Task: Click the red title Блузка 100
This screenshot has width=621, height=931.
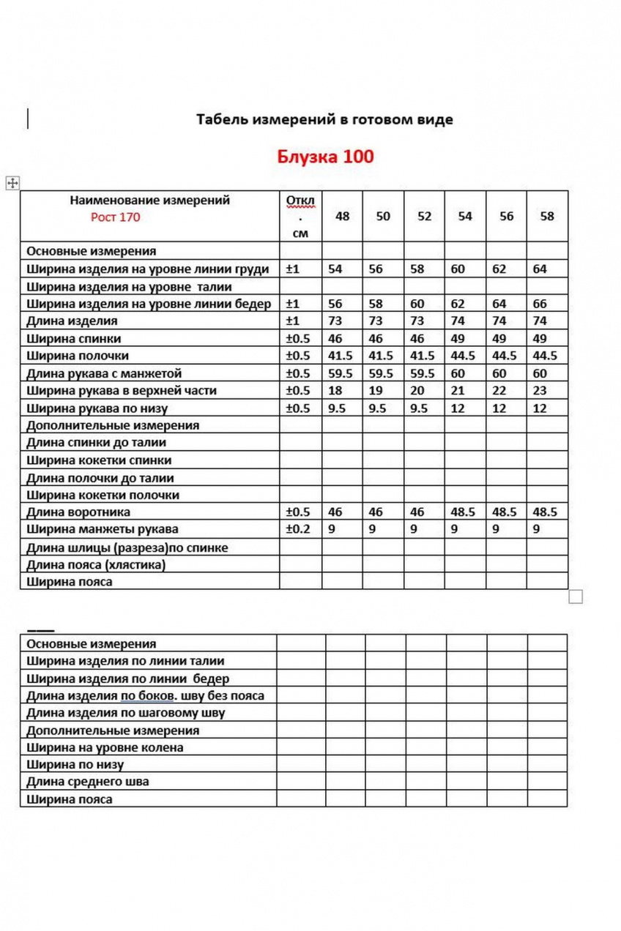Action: [x=325, y=157]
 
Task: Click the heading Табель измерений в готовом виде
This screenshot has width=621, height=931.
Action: [x=324, y=119]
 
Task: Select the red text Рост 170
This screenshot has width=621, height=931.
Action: [x=115, y=217]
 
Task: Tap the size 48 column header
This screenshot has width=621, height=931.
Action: [x=342, y=217]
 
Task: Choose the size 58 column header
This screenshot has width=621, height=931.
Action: [x=546, y=217]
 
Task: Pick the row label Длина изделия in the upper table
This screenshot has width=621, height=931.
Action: [x=72, y=321]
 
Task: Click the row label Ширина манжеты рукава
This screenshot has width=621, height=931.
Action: [x=102, y=529]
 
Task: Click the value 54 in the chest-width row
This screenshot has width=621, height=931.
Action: [x=335, y=269]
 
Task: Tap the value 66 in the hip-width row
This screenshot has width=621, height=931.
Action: [x=540, y=304]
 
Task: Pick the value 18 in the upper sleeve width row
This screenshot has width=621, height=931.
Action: [x=335, y=391]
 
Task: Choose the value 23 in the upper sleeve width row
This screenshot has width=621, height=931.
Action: [x=540, y=391]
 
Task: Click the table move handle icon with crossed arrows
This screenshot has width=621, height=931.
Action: [x=12, y=183]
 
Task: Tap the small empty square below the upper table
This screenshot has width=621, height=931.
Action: [x=576, y=597]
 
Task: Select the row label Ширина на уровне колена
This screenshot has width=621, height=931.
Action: [x=105, y=748]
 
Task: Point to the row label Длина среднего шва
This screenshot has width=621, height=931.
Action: [x=87, y=782]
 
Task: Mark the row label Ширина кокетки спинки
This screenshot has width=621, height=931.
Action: [x=99, y=460]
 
